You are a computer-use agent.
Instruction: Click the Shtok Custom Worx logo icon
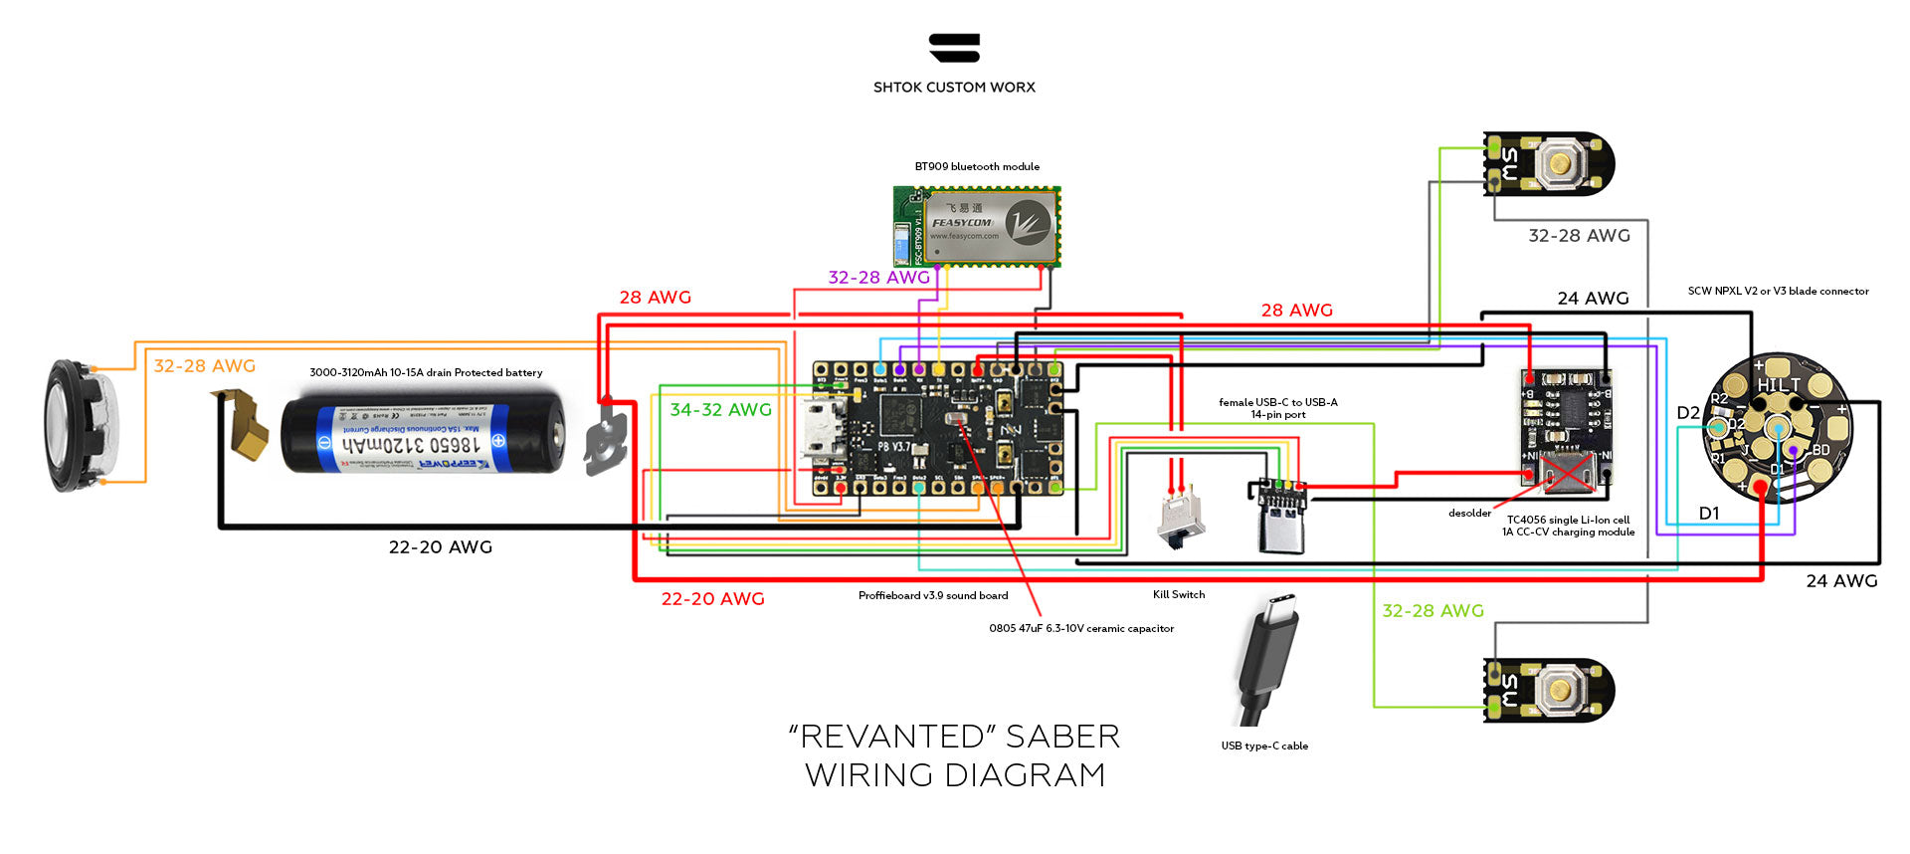tap(954, 48)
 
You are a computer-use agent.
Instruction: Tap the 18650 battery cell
tap(423, 434)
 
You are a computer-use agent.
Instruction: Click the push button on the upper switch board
tap(1560, 163)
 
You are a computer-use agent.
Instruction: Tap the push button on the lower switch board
tap(1560, 690)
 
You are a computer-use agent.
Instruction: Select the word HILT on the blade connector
tap(1779, 384)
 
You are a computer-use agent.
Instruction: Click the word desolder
tap(1469, 514)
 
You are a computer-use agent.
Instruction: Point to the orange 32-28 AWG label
tap(205, 366)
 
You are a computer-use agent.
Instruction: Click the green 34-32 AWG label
tap(720, 410)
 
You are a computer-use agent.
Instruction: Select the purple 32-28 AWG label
tap(878, 278)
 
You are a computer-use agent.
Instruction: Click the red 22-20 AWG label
tap(712, 599)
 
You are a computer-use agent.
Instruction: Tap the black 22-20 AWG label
tap(440, 547)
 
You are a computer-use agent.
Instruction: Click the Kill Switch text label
tap(1179, 595)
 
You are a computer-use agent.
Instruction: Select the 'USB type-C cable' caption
tap(1264, 747)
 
